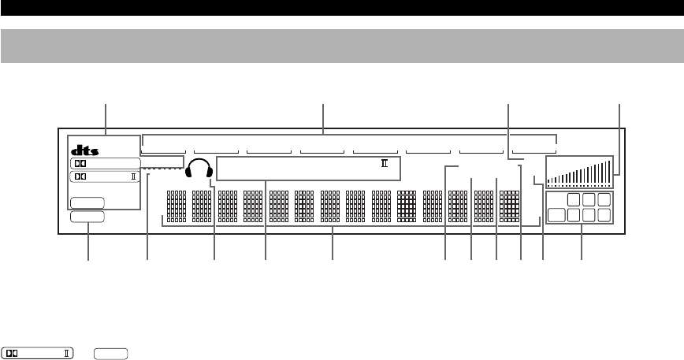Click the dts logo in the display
coord(84,149)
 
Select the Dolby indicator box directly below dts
coord(105,163)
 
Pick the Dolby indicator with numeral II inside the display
coord(105,176)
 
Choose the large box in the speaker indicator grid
coord(559,215)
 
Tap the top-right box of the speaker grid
coord(604,200)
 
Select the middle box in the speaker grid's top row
coord(589,200)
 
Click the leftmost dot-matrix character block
coord(176,207)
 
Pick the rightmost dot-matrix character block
coord(510,207)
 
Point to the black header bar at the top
coord(342,8)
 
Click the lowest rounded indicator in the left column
coord(87,217)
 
